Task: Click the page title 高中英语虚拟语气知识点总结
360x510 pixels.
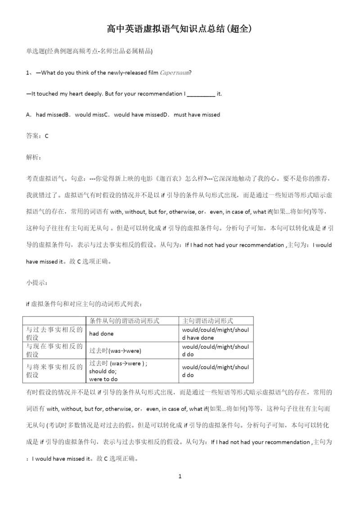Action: pos(180,29)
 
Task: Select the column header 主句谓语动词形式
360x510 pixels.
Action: pos(207,320)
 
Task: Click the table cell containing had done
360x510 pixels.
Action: pos(102,334)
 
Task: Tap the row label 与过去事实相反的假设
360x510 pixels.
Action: pos(54,334)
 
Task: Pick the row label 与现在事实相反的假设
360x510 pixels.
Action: pos(54,350)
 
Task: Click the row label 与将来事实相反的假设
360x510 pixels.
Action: pos(54,370)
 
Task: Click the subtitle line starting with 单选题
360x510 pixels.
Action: pos(90,51)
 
